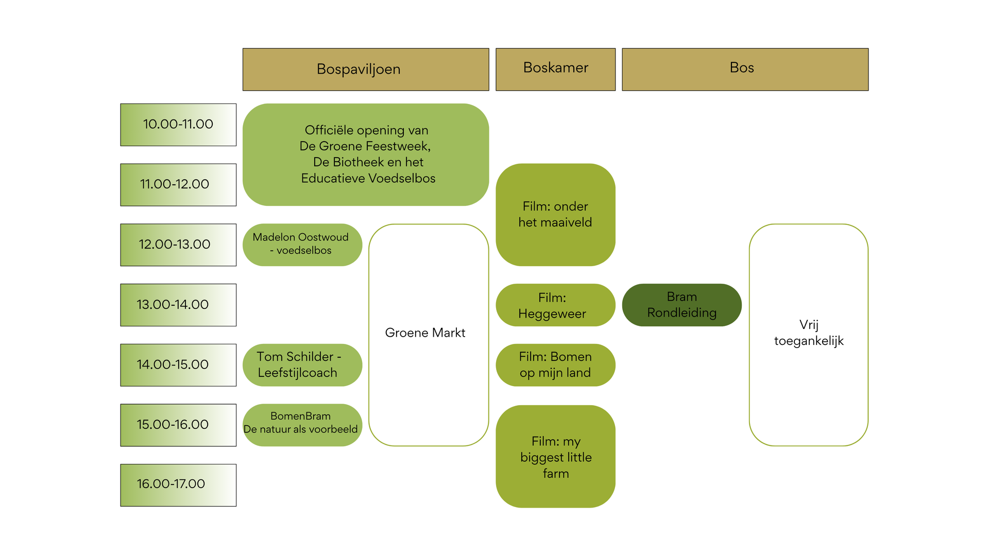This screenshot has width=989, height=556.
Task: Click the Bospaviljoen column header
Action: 366,69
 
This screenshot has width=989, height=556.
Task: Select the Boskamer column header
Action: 555,69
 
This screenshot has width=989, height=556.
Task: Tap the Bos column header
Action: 745,69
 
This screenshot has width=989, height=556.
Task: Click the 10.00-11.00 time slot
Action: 178,125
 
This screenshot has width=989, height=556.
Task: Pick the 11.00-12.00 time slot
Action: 178,185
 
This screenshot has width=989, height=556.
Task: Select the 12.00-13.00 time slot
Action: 178,245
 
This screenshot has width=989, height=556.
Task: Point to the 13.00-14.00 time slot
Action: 178,305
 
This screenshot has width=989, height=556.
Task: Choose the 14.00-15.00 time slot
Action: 178,365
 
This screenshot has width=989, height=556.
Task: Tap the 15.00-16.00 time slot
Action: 178,425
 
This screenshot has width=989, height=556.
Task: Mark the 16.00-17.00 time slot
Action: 178,485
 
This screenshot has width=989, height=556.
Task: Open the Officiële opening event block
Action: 366,154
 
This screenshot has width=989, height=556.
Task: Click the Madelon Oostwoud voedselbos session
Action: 302,245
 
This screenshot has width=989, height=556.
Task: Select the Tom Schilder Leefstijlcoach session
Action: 302,365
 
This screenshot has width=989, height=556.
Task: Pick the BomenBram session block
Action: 302,425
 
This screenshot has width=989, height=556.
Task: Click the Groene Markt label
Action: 425,333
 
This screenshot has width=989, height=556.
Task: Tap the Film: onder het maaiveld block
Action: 555,215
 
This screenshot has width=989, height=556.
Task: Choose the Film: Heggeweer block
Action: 555,305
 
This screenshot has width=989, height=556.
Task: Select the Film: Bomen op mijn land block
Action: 555,365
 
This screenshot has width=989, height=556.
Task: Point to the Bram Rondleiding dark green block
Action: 681,305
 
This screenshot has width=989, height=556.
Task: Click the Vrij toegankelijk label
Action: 809,333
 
